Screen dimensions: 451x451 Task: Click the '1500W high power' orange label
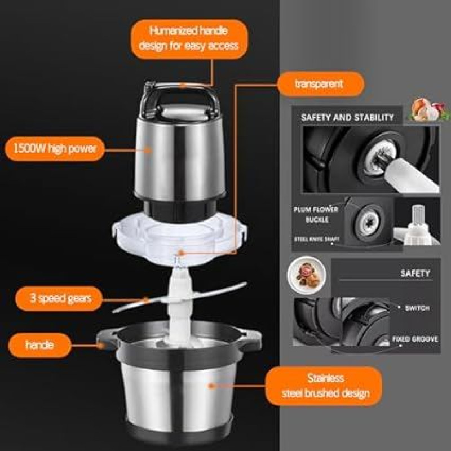click(x=55, y=148)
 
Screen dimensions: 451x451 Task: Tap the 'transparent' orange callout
click(x=320, y=83)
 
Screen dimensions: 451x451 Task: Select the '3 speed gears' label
click(x=59, y=298)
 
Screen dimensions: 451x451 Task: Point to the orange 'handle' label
click(x=39, y=345)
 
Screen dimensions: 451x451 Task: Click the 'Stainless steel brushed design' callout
click(x=324, y=386)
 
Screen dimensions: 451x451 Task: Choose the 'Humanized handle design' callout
click(x=189, y=39)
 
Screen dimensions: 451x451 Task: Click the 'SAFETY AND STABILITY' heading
click(x=347, y=117)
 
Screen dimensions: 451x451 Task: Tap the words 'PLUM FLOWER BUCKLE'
click(x=316, y=215)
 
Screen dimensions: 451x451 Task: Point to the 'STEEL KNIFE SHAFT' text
click(x=316, y=239)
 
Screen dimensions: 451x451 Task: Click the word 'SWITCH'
click(x=417, y=308)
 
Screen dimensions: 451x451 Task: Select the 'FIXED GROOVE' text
click(x=415, y=339)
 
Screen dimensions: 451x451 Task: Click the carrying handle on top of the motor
click(x=180, y=98)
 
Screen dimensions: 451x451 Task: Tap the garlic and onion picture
click(x=428, y=110)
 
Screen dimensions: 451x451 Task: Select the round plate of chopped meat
click(x=307, y=275)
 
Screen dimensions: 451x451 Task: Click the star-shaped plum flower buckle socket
click(x=369, y=222)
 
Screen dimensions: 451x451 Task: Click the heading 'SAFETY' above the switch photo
click(x=415, y=273)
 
